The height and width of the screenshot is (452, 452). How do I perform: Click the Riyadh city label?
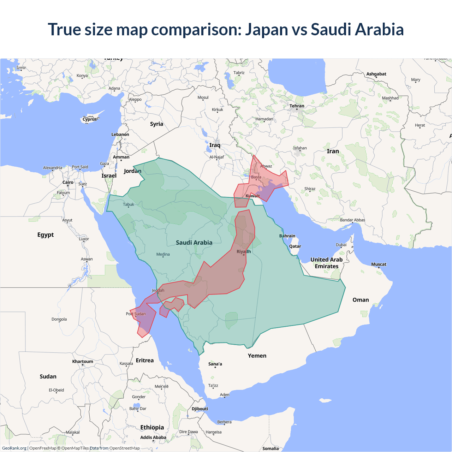click(244, 251)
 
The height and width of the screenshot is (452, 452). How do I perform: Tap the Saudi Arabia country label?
click(194, 243)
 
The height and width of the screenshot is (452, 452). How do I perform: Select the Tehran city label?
click(297, 106)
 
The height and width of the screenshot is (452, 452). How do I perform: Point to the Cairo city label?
click(68, 183)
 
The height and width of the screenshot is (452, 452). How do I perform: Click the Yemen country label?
click(257, 356)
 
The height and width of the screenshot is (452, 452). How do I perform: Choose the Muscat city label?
click(379, 264)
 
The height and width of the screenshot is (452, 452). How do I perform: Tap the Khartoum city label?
click(83, 361)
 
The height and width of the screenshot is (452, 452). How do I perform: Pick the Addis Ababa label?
click(153, 437)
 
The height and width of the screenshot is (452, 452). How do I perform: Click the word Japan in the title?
click(267, 29)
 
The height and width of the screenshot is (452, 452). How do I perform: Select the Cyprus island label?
click(90, 119)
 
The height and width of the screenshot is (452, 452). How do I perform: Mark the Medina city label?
click(163, 254)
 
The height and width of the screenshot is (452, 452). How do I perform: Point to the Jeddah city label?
click(158, 290)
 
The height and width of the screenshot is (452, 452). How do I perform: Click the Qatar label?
click(295, 246)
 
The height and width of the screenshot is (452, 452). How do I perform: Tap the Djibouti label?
click(200, 409)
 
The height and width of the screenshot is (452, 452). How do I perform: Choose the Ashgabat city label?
click(376, 74)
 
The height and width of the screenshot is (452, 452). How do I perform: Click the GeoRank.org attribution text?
click(14, 448)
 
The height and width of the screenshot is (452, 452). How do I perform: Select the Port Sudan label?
click(136, 314)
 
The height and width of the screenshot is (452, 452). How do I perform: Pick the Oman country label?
click(361, 300)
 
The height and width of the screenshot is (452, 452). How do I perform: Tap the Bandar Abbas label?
click(352, 220)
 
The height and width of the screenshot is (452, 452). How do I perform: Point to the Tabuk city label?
click(129, 204)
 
